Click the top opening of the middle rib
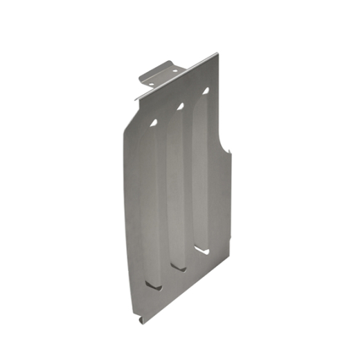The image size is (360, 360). point(180,106)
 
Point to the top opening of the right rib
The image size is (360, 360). point(206,90)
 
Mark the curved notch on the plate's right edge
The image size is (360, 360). point(225,142)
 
